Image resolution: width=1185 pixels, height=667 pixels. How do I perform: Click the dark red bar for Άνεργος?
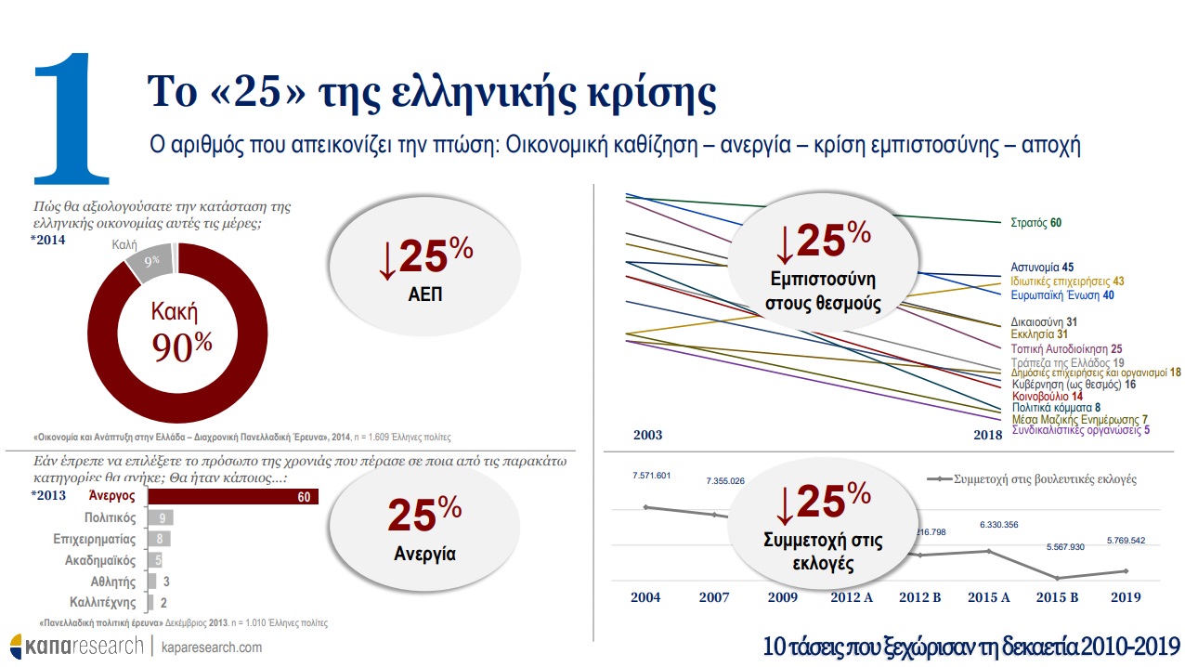click(232, 497)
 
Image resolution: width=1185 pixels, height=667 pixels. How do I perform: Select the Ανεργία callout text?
click(424, 554)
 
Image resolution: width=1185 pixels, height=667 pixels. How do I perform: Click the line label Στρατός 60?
click(1035, 223)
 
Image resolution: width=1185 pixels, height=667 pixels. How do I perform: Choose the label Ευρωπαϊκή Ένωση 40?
click(1061, 295)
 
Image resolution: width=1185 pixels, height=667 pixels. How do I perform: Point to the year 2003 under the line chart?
click(647, 435)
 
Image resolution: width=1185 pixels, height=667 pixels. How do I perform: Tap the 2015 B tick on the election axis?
click(1057, 597)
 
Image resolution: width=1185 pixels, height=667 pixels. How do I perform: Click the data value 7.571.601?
click(651, 476)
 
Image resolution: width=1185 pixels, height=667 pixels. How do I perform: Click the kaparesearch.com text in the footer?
click(211, 647)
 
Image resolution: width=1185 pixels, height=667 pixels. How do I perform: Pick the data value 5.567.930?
click(1058, 547)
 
